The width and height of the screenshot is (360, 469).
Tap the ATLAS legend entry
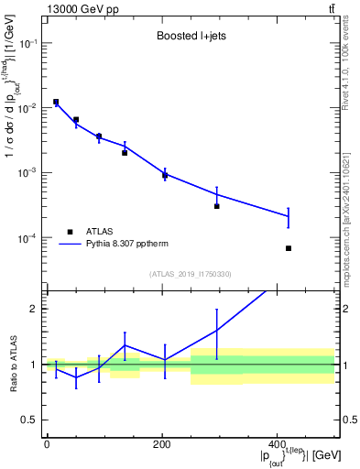coord(98,232)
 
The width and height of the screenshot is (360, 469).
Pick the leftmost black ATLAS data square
coord(56,102)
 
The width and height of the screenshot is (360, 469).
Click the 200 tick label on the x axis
coord(162,444)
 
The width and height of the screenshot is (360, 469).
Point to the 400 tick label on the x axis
coord(277,444)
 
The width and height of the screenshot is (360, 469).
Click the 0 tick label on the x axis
coord(47,444)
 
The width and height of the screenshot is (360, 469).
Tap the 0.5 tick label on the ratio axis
coord(29,420)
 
